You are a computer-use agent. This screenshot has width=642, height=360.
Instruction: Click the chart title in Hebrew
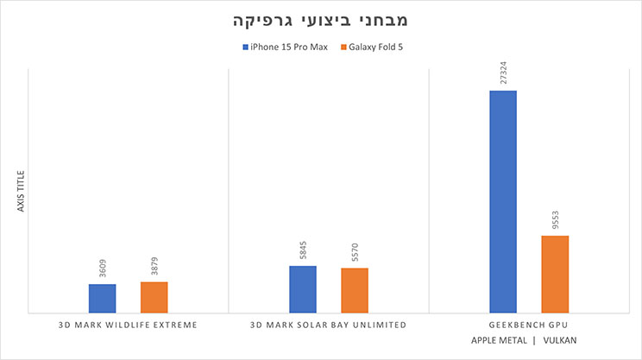(x=320, y=19)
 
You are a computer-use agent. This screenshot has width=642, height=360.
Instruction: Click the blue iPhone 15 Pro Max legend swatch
(x=246, y=47)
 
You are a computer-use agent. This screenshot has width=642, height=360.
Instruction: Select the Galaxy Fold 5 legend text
(x=377, y=47)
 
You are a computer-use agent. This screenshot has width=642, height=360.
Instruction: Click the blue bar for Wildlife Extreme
(x=102, y=298)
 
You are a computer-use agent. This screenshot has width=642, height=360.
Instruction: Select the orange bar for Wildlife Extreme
(x=154, y=297)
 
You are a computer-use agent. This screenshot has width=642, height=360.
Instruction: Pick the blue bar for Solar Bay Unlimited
(x=302, y=289)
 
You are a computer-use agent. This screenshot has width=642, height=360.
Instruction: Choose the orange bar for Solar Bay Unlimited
(x=354, y=290)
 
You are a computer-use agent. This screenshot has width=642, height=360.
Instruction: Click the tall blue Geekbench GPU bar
(x=503, y=201)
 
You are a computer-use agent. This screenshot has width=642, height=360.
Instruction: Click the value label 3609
(x=102, y=268)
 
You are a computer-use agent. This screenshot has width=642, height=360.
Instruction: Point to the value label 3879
(x=154, y=266)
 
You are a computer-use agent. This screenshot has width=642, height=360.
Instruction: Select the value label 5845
(x=302, y=250)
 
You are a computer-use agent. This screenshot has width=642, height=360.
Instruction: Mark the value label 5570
(x=355, y=253)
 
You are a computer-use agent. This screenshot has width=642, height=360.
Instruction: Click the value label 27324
(x=503, y=73)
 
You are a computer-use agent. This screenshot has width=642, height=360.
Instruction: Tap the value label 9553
(x=555, y=220)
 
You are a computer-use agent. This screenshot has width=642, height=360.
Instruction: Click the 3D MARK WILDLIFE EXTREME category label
(x=128, y=325)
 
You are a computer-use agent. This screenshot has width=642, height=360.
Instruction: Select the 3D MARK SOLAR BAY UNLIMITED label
(x=328, y=325)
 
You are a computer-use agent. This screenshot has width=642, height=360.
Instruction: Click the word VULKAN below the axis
(x=560, y=341)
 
